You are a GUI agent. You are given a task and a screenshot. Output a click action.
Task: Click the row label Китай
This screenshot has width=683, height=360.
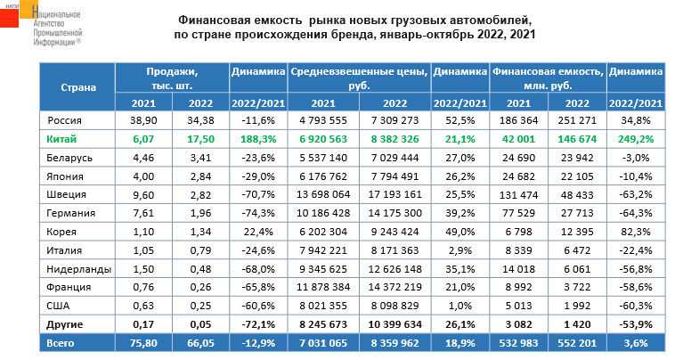tap(61, 140)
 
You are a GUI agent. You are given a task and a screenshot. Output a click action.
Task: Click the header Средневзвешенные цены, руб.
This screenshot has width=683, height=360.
tap(359, 78)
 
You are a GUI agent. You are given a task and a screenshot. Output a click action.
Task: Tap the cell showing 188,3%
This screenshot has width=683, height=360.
tap(257, 140)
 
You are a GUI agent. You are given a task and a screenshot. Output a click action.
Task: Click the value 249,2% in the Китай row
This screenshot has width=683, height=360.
tap(637, 140)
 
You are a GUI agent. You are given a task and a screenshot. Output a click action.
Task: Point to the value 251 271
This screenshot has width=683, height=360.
tap(578, 119)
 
